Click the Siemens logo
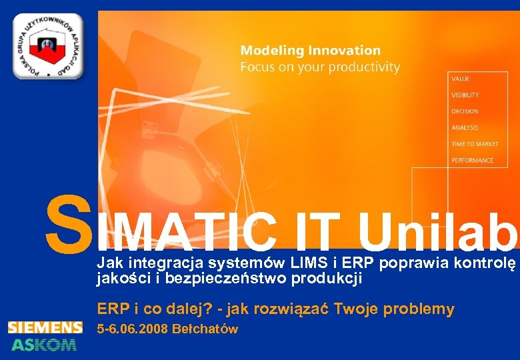click(45, 327)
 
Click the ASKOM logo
click(44, 344)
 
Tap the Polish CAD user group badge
click(47, 46)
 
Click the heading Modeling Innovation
click(310, 51)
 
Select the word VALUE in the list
click(460, 79)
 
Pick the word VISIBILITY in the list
click(465, 95)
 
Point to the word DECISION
click(464, 111)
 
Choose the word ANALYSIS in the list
click(464, 127)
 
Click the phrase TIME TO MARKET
click(475, 144)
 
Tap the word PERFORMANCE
click(472, 160)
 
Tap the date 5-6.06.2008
click(132, 329)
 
